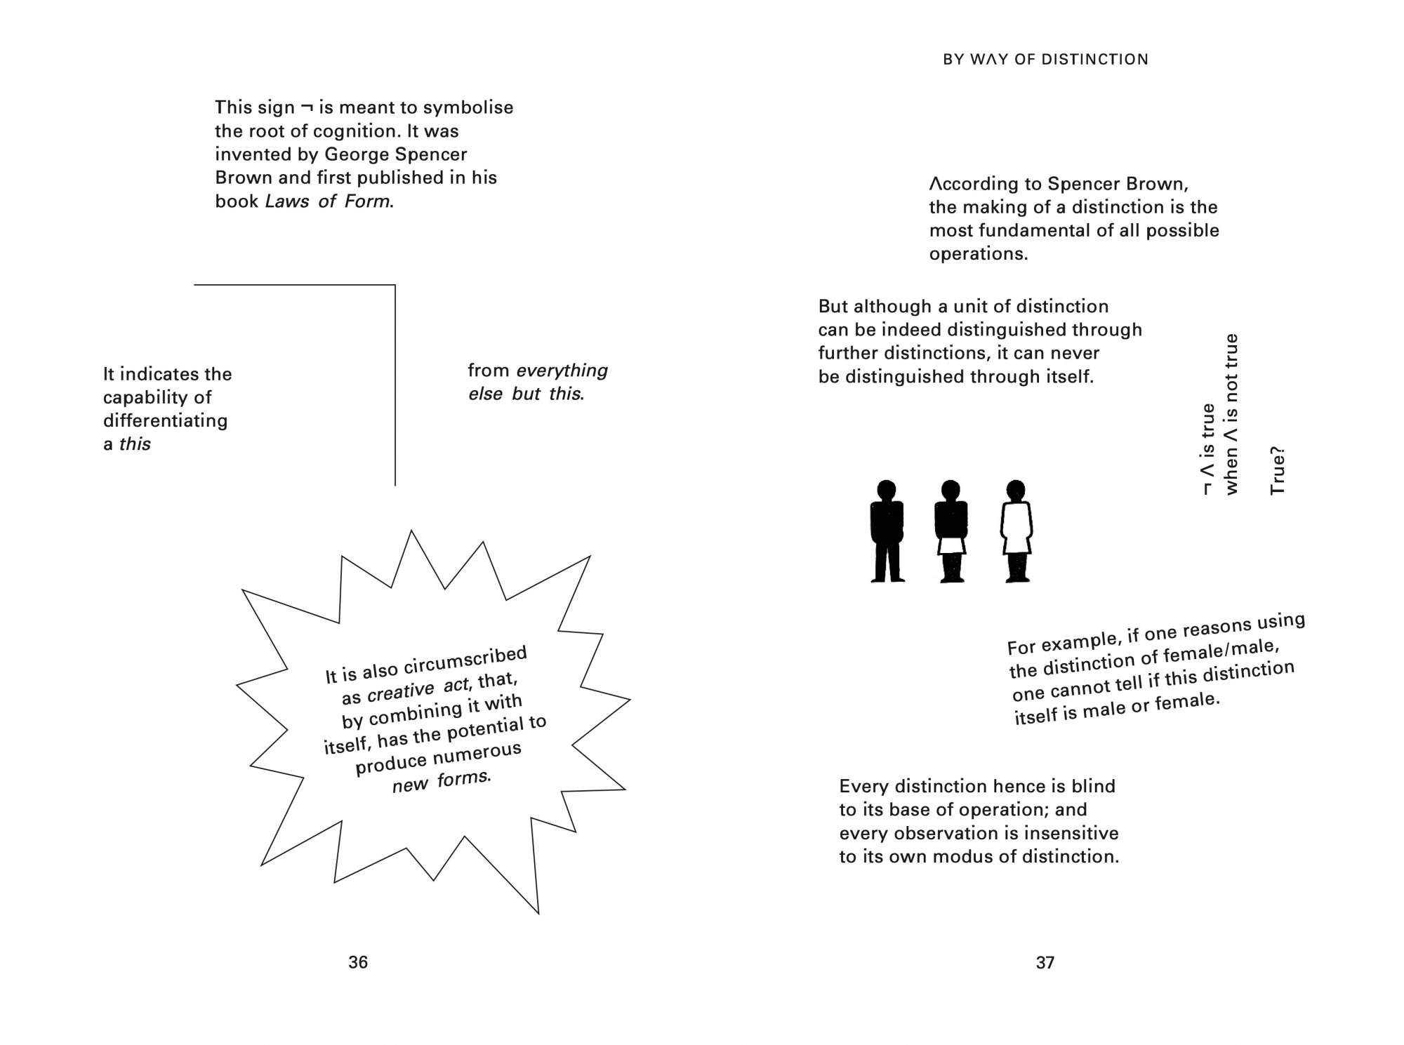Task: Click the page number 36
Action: tap(358, 962)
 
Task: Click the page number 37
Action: tap(1045, 962)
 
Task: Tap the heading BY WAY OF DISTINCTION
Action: tap(1045, 60)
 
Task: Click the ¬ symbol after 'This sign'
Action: tap(307, 108)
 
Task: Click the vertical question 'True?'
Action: tap(1277, 470)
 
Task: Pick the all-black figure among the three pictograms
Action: tap(887, 531)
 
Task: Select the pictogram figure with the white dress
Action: tap(1016, 531)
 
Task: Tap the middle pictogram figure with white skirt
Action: tap(951, 531)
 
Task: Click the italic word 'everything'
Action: tap(562, 371)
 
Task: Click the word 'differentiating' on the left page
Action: tap(166, 421)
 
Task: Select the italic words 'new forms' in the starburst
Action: tap(441, 781)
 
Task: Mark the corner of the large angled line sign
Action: tap(395, 286)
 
